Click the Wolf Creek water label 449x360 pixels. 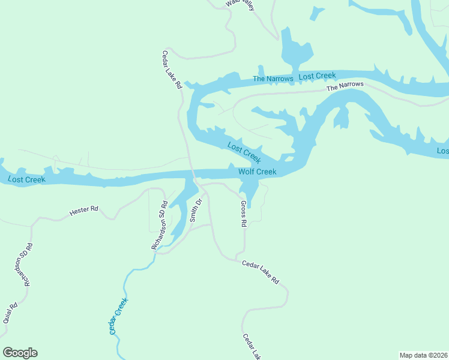click(258, 172)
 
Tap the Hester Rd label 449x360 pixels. click(83, 210)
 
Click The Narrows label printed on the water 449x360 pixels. click(273, 79)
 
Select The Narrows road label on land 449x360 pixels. click(345, 86)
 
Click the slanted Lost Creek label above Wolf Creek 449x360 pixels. click(244, 152)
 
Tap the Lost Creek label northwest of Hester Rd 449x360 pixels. click(26, 179)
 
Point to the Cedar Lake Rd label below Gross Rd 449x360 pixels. click(261, 272)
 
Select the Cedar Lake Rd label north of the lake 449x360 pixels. click(171, 70)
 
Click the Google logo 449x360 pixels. click(20, 353)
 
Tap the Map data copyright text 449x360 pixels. click(423, 355)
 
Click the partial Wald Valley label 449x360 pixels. click(241, 4)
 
